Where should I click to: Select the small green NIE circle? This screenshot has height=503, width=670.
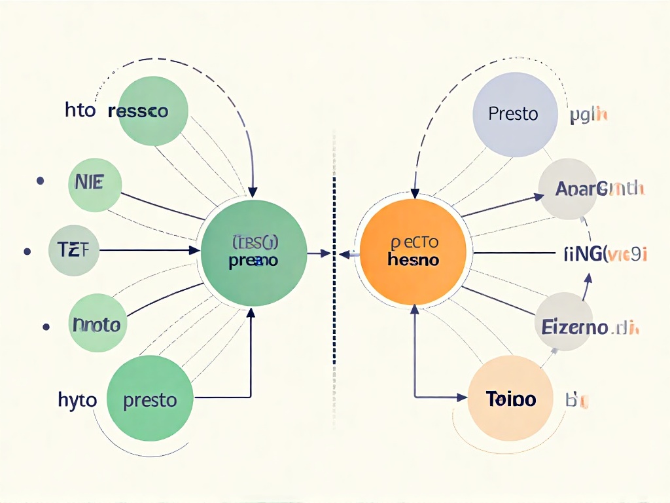tap(94, 184)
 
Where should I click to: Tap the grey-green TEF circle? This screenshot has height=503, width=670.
tap(74, 250)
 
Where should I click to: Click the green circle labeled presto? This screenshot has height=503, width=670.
tap(150, 399)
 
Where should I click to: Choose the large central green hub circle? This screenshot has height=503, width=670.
tap(254, 253)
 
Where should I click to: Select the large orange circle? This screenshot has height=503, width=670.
tap(414, 253)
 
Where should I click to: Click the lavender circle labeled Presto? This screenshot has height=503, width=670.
tap(514, 114)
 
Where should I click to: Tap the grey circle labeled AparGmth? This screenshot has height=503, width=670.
tap(567, 189)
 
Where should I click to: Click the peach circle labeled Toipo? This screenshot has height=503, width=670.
tap(511, 398)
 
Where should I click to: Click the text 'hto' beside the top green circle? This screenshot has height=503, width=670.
tap(80, 111)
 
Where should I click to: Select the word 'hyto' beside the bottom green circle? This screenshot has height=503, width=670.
tap(77, 400)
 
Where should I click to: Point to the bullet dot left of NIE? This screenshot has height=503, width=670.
tap(41, 180)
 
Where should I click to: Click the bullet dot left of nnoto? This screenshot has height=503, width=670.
tap(46, 325)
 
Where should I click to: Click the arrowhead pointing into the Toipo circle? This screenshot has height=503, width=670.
tap(464, 397)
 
